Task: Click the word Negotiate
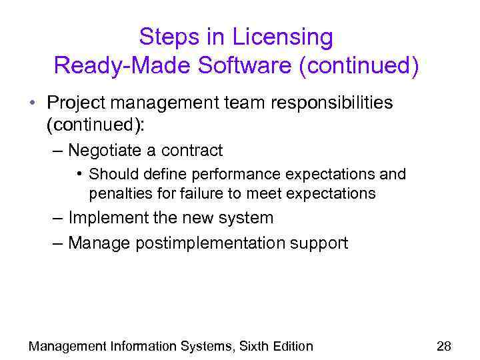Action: pyautogui.click(x=108, y=151)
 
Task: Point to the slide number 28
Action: pyautogui.click(x=443, y=346)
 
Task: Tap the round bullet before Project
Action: pyautogui.click(x=32, y=104)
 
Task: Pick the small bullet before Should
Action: pyautogui.click(x=79, y=175)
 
